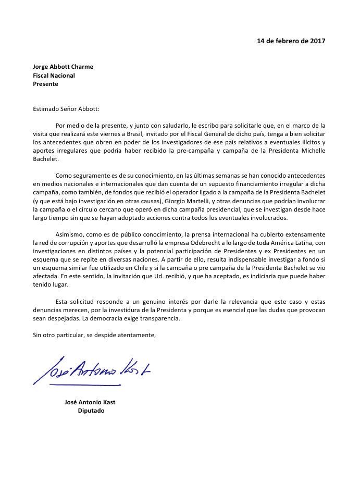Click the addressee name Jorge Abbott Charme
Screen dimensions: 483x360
[x=63, y=67]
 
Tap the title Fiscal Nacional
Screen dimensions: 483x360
[x=54, y=76]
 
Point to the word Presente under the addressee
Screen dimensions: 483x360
[x=45, y=84]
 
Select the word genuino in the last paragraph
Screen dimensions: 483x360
[x=144, y=301]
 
